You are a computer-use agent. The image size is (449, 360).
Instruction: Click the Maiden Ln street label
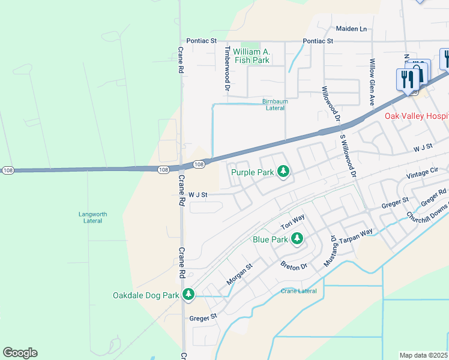(x=351, y=29)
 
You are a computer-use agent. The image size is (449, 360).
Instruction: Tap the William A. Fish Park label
(x=252, y=56)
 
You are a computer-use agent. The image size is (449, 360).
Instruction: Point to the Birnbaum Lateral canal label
(x=275, y=104)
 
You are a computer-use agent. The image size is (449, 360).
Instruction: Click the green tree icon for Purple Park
(x=283, y=173)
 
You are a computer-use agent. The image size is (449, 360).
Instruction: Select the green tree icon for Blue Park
(x=297, y=239)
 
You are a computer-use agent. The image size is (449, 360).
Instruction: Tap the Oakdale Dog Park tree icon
(x=188, y=295)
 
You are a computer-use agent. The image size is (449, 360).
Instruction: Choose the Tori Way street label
(x=294, y=223)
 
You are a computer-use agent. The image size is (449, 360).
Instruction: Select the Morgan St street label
(x=240, y=274)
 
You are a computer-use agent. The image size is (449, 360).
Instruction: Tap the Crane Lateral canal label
(x=298, y=291)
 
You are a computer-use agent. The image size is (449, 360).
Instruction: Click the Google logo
(x=20, y=353)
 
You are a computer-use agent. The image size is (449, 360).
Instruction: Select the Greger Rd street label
(x=433, y=197)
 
